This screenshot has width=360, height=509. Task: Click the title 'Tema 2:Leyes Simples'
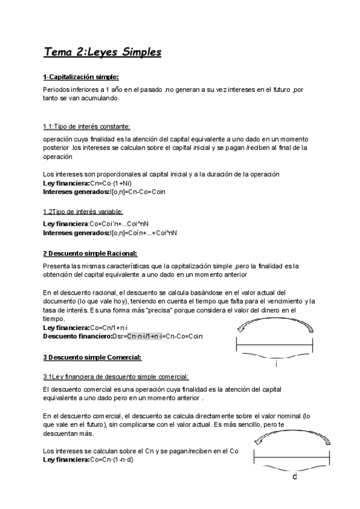(103, 52)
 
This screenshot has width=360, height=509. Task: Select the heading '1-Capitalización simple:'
(81, 77)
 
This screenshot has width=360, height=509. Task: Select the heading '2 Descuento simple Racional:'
(90, 253)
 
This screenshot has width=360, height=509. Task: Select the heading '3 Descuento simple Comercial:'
(92, 358)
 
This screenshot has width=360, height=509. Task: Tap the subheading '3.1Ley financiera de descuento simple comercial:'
(116, 376)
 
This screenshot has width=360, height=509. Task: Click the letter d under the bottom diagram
(293, 478)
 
